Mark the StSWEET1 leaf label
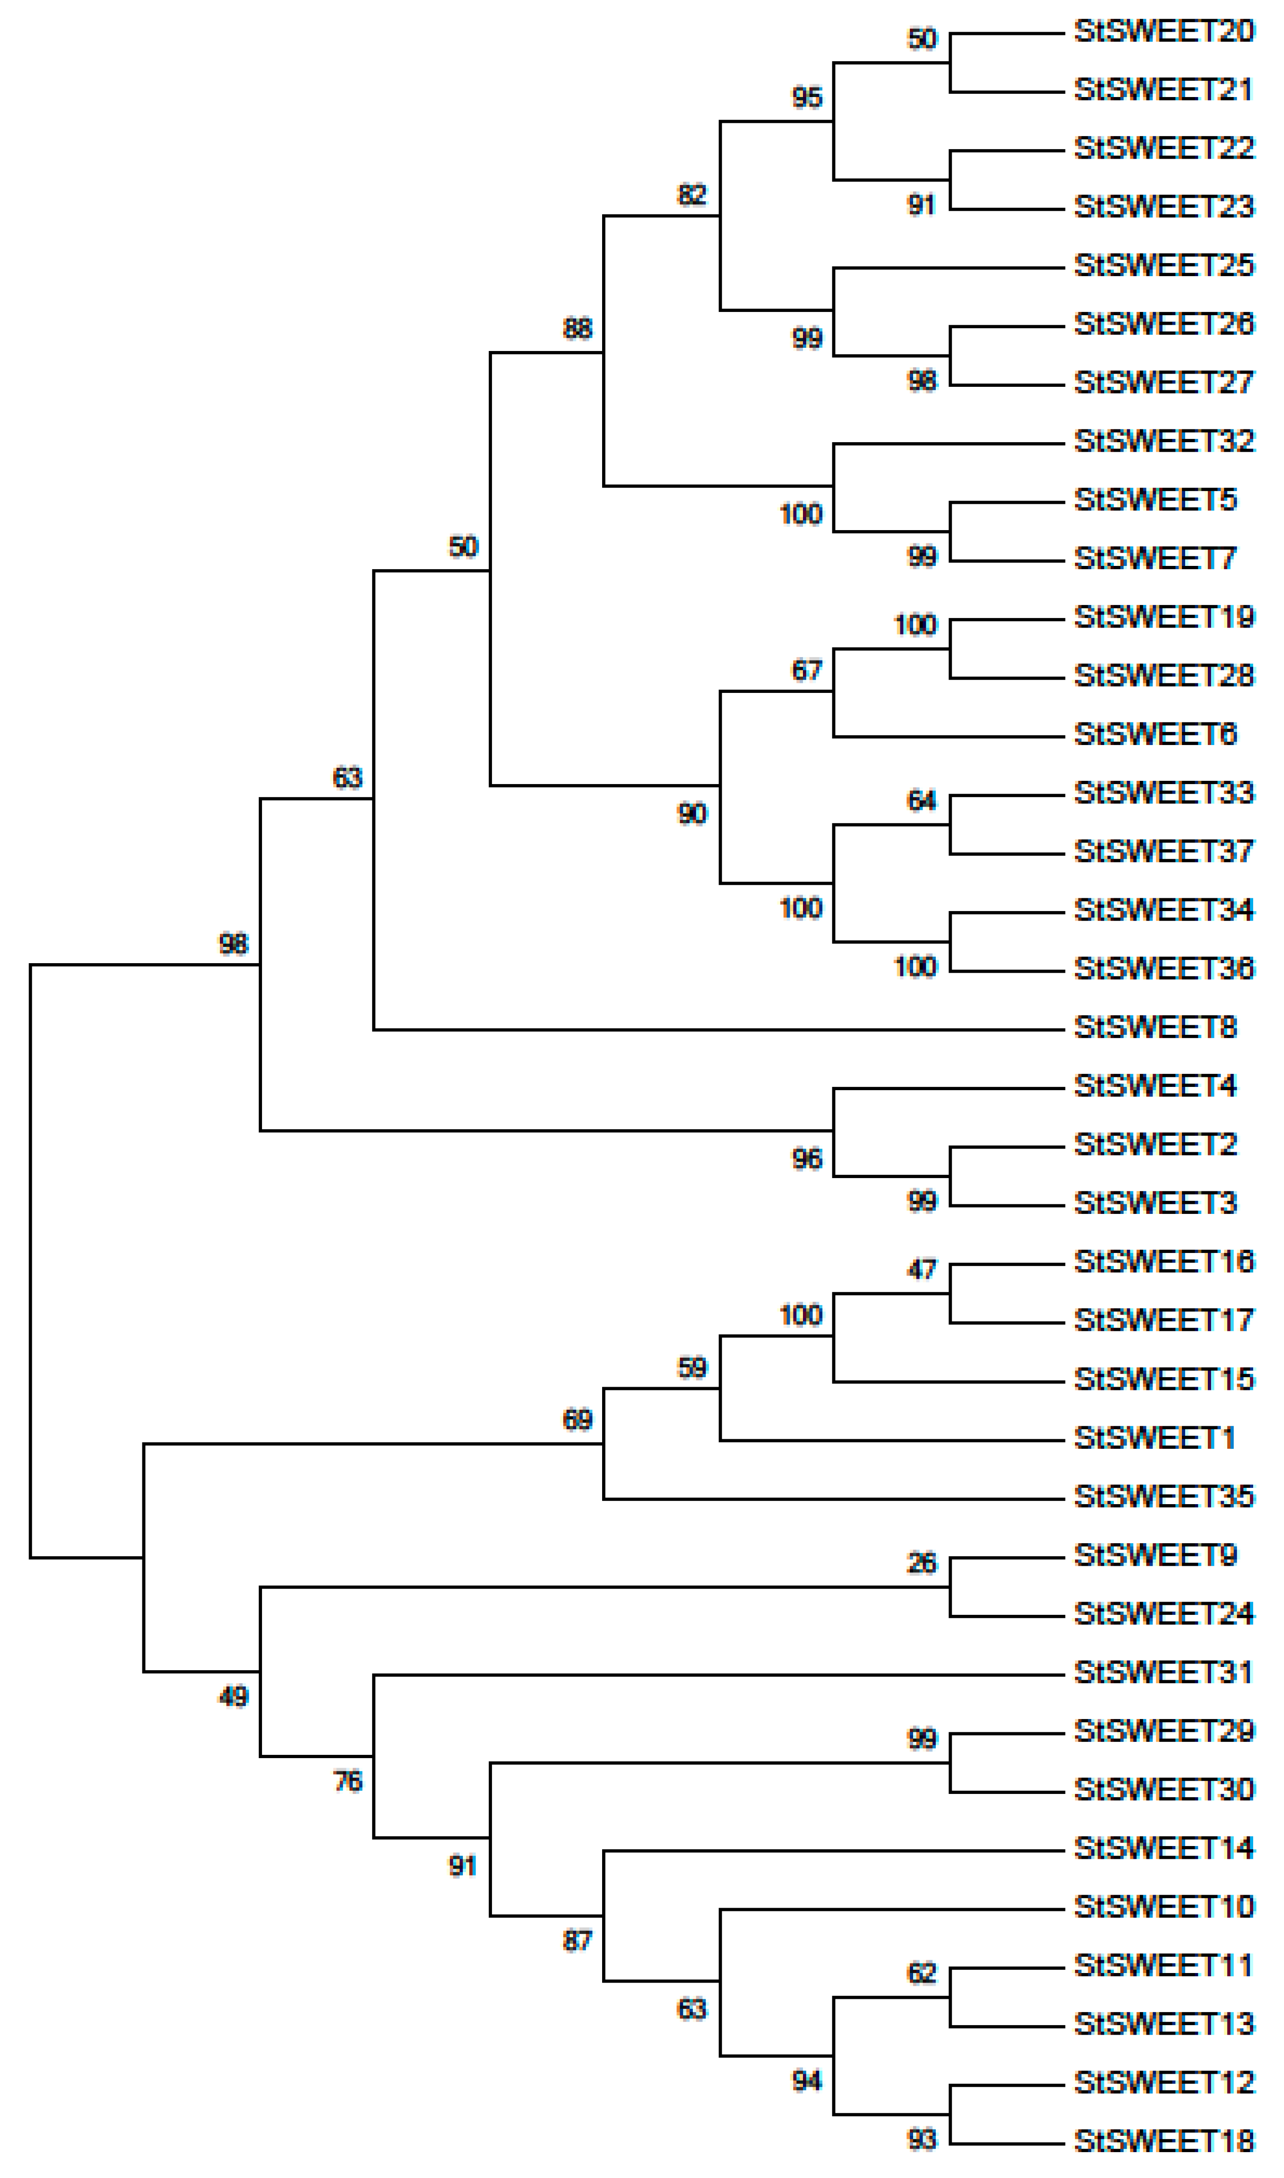(x=1153, y=1437)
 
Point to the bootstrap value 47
(x=921, y=1269)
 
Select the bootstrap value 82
(x=691, y=195)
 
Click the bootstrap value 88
(x=577, y=329)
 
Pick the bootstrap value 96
(x=807, y=1159)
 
